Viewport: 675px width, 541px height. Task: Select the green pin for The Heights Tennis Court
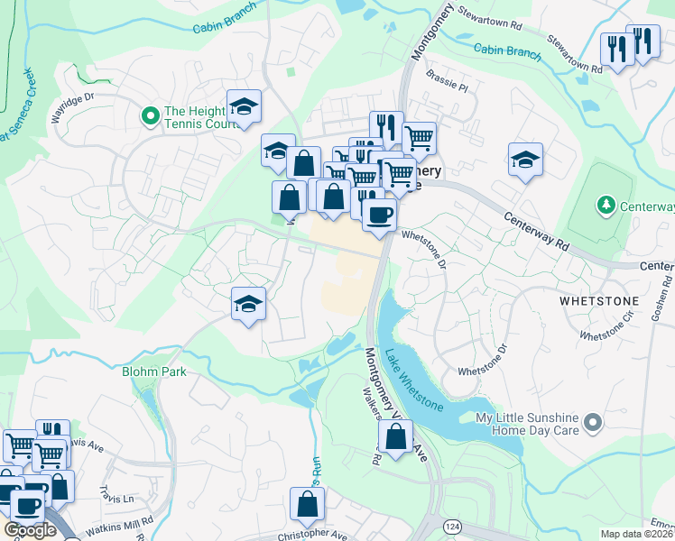point(148,115)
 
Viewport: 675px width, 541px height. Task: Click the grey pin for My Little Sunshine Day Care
point(592,422)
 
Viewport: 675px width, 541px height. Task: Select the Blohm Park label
point(153,370)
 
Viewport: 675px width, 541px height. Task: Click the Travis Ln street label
point(116,499)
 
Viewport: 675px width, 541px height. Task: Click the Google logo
point(30,530)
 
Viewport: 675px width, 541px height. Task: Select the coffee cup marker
point(379,215)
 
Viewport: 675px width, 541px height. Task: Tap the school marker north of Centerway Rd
point(525,160)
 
